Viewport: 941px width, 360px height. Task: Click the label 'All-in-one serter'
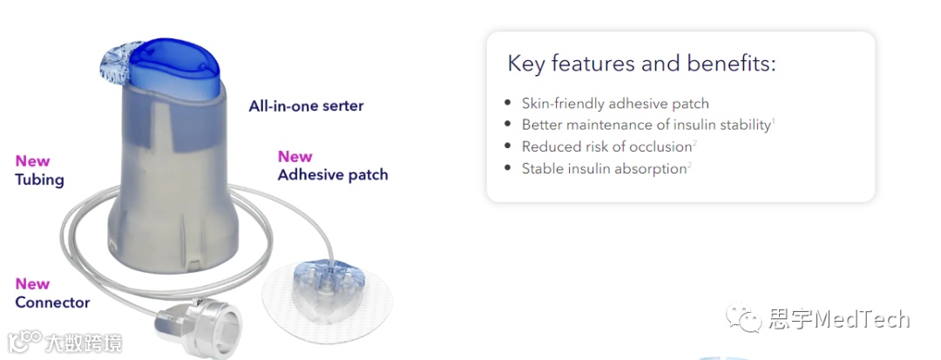pos(306,106)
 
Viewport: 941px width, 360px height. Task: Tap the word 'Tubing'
pos(39,180)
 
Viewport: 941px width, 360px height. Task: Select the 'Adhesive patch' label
pos(333,175)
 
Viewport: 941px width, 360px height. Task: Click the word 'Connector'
pos(52,302)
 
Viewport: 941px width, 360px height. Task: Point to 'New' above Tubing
pos(32,160)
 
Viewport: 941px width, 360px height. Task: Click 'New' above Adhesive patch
pos(294,157)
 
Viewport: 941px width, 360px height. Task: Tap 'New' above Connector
pos(32,283)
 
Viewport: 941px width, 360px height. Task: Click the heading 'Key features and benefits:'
pos(641,64)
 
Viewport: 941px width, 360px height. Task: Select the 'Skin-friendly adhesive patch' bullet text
pos(615,103)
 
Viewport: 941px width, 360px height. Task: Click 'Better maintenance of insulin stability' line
pos(646,125)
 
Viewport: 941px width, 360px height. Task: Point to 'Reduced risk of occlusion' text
pos(606,146)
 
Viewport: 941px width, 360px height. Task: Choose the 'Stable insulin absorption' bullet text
pos(604,168)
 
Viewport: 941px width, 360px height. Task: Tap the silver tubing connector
pos(198,326)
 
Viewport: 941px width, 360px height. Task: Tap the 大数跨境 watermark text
pos(83,343)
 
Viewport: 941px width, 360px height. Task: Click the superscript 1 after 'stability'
pos(774,121)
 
